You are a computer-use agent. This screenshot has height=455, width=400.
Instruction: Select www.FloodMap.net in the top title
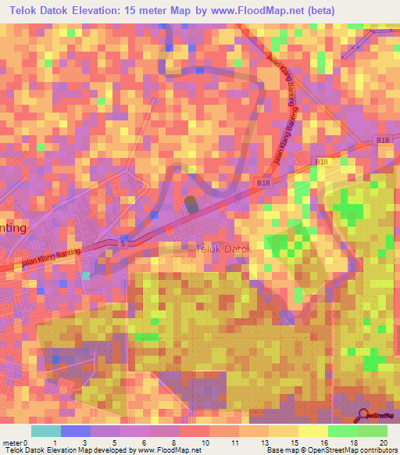pyautogui.click(x=263, y=11)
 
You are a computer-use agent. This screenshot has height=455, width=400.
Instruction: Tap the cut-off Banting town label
pyautogui.click(x=13, y=227)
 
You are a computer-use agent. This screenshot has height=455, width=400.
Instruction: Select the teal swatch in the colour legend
pyautogui.click(x=46, y=430)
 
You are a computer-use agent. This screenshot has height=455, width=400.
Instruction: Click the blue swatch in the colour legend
pyautogui.click(x=76, y=430)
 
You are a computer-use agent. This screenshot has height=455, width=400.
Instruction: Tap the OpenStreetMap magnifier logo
pyautogui.click(x=362, y=416)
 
